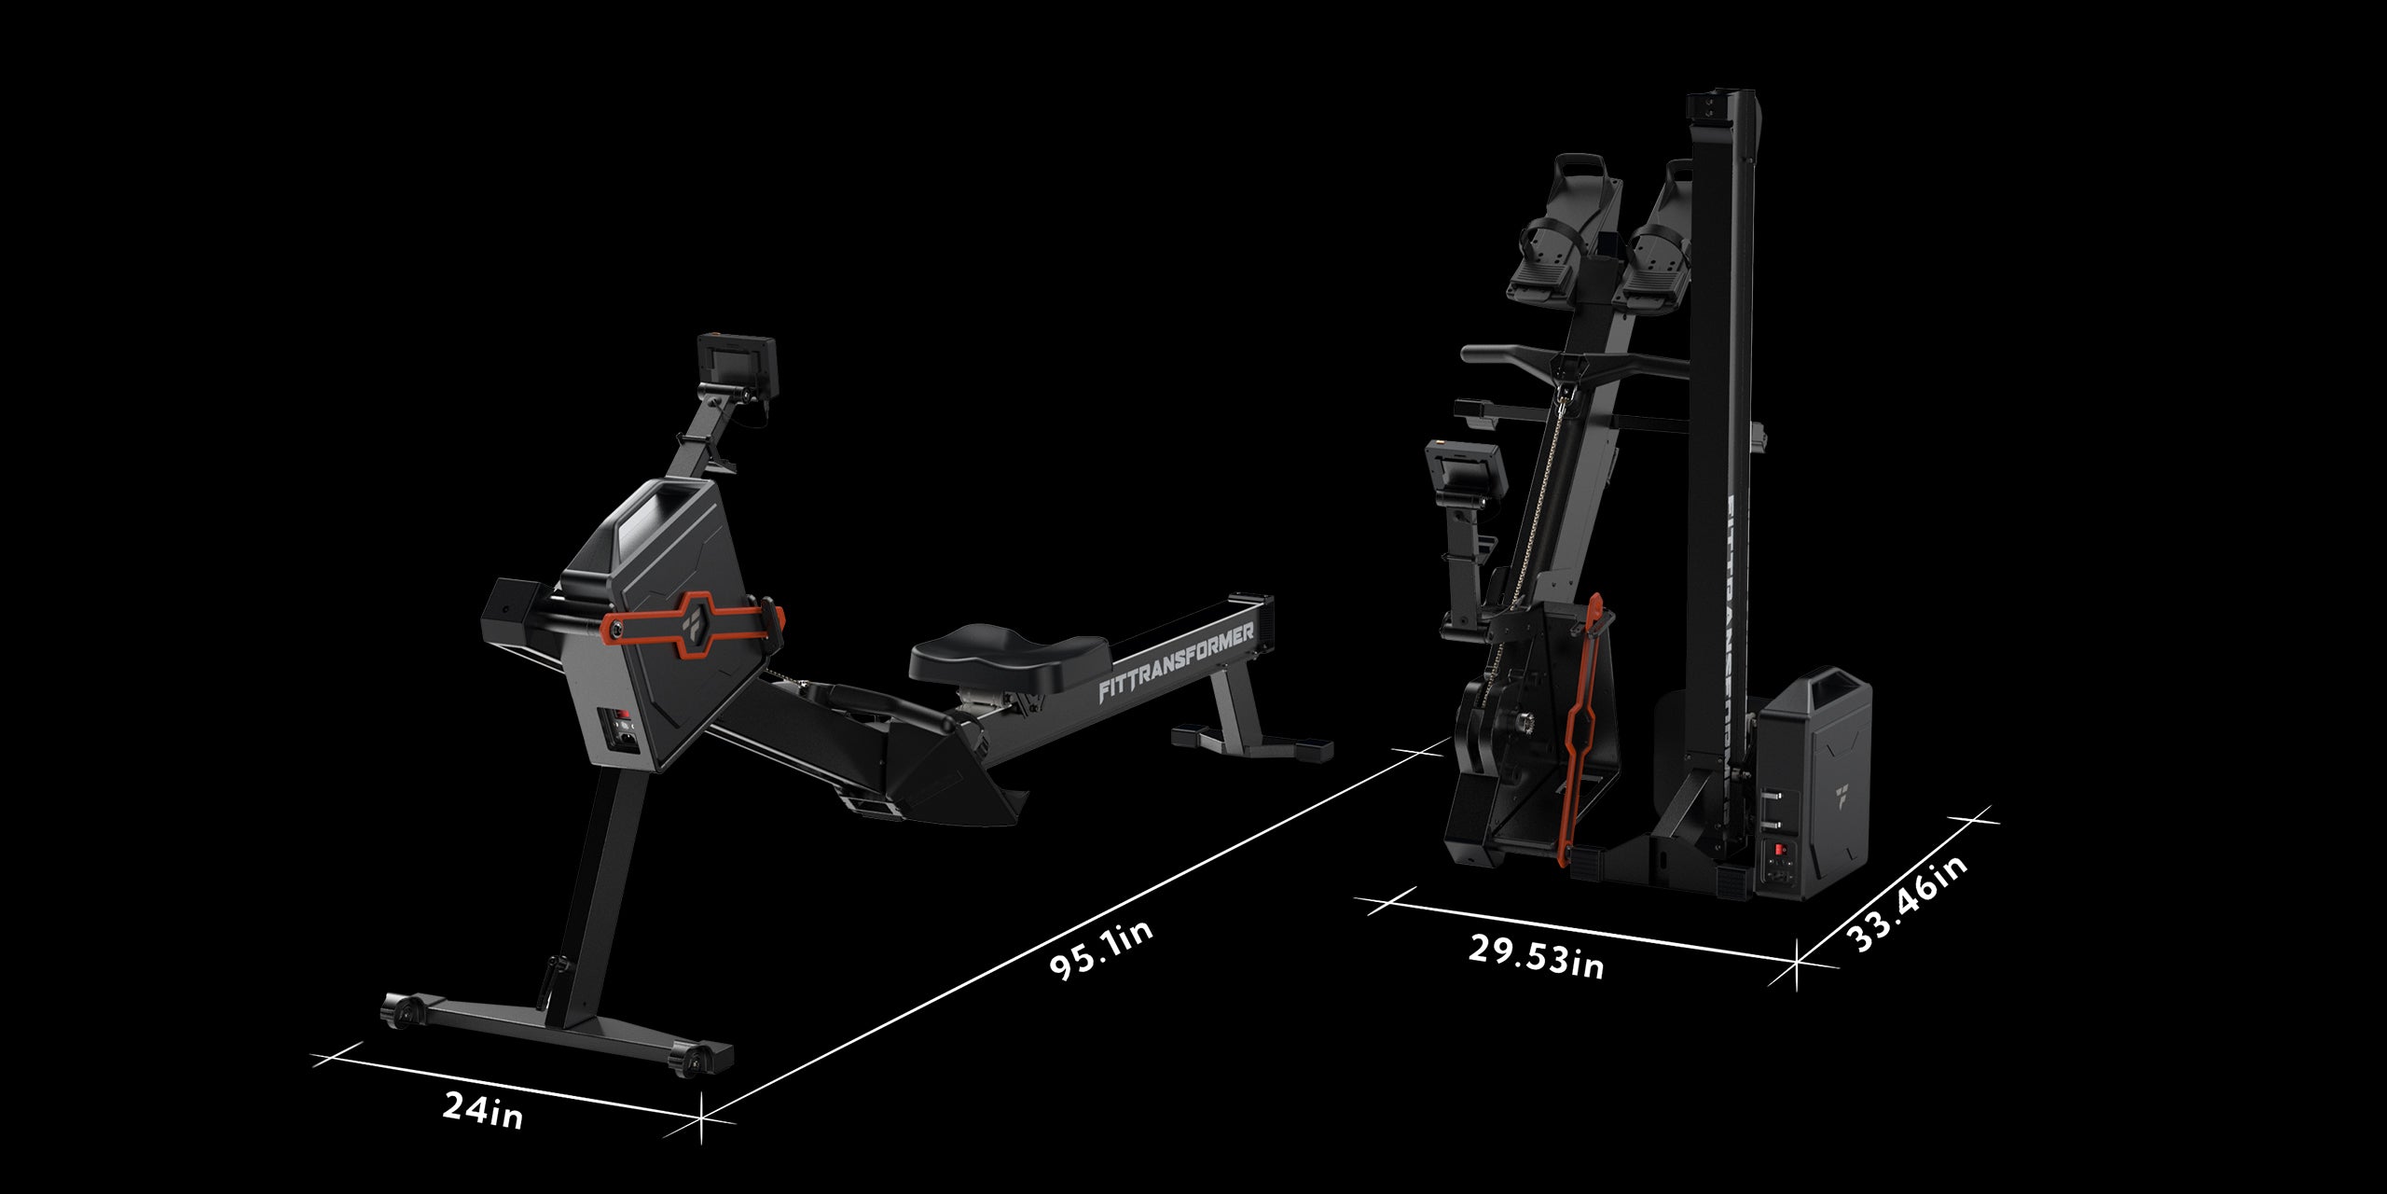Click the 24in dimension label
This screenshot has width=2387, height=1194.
click(482, 1111)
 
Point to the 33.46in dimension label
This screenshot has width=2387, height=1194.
click(1908, 903)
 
